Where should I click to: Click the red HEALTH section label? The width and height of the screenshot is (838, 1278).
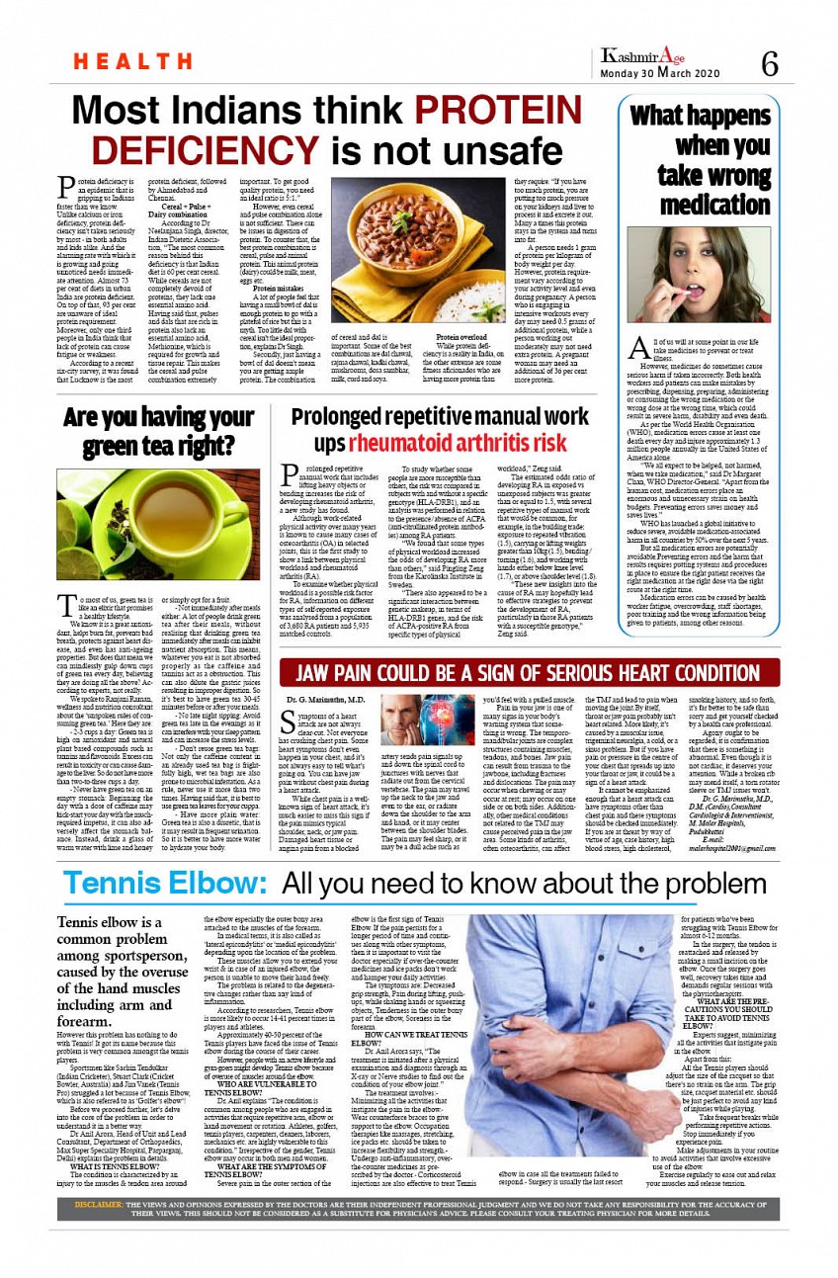point(119,61)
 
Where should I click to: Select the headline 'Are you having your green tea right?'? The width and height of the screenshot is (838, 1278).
point(159,432)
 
